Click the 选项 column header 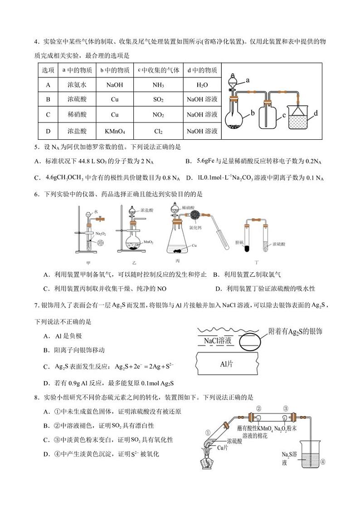tap(48, 70)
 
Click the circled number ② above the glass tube tap(259, 408)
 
